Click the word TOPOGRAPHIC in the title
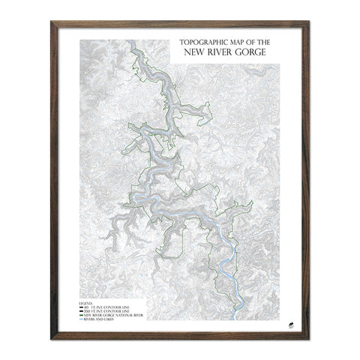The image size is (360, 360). tap(198, 43)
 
